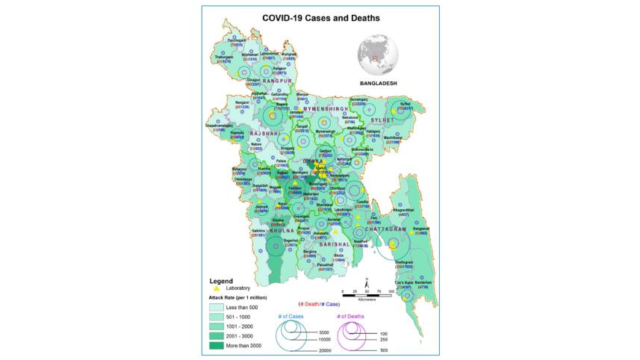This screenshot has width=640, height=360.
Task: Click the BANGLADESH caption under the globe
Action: (x=377, y=82)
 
